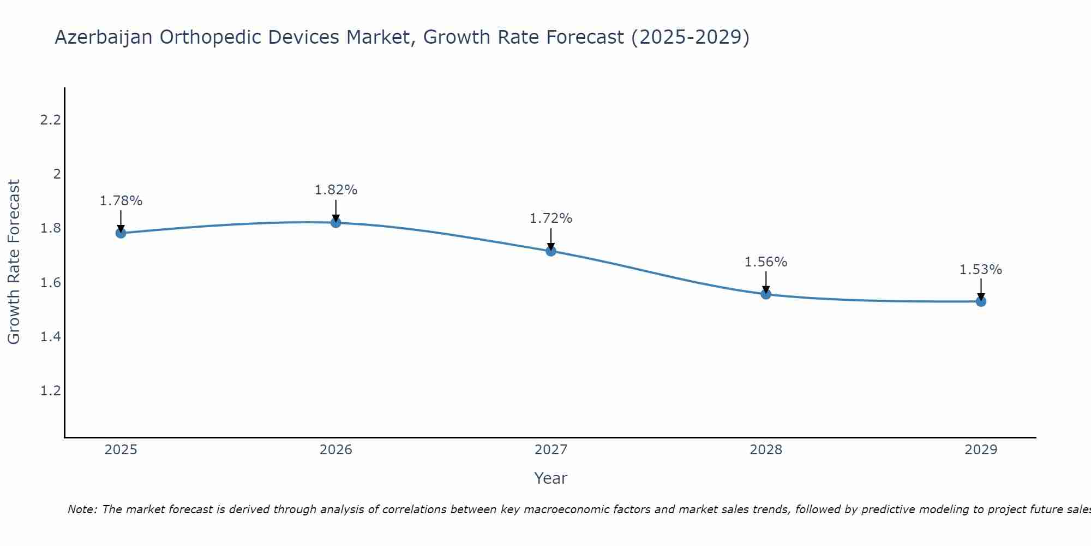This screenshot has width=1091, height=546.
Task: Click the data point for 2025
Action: click(121, 233)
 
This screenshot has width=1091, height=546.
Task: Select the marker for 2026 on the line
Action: click(336, 223)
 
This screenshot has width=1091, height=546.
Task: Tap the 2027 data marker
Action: click(551, 251)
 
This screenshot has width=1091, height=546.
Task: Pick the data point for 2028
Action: click(766, 294)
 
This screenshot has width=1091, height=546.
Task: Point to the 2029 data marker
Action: click(981, 301)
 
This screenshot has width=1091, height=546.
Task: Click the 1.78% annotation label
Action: click(121, 201)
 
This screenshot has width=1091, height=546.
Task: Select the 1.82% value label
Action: click(336, 190)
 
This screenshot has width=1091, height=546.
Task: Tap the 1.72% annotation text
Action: click(551, 218)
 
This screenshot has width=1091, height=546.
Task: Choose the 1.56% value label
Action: click(766, 262)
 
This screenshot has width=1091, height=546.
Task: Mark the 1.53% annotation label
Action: click(981, 270)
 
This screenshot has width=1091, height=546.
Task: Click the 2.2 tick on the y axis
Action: click(50, 120)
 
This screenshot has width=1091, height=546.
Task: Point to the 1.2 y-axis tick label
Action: click(50, 391)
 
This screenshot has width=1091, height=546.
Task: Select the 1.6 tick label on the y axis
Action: click(50, 283)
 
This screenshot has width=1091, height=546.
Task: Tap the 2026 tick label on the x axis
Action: click(336, 450)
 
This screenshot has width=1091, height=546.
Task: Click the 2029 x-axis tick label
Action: click(981, 450)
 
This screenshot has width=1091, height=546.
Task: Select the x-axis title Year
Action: click(551, 478)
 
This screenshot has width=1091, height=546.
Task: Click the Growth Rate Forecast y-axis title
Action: click(14, 262)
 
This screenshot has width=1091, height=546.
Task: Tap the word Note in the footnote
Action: click(81, 509)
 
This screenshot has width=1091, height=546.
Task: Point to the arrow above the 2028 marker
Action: click(766, 281)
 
